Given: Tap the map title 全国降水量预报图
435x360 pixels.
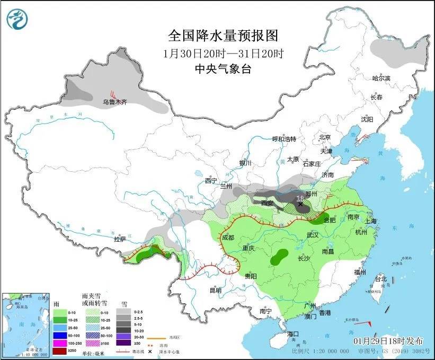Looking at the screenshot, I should point(223,36).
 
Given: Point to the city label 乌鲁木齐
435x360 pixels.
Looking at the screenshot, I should point(115,102).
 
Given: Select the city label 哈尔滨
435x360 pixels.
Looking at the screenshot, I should point(380,78).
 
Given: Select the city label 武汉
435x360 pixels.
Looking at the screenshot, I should point(312,234).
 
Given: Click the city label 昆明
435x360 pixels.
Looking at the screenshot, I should point(215,290).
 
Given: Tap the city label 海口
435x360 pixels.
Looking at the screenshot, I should point(294,333).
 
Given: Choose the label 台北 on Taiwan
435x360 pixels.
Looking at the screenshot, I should point(380,279).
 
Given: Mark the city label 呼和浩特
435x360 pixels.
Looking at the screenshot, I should point(284,139).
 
